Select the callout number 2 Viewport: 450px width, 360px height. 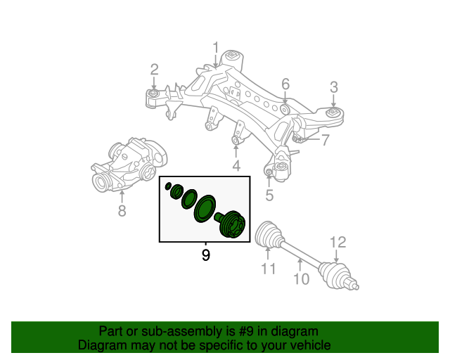pyautogui.click(x=154, y=69)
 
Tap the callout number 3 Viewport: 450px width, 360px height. pyautogui.click(x=334, y=86)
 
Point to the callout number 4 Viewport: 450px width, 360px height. pyautogui.click(x=236, y=166)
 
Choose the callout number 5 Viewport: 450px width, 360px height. pyautogui.click(x=269, y=194)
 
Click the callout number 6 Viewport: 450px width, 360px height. pyautogui.click(x=285, y=84)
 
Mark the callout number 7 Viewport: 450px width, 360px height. pyautogui.click(x=326, y=140)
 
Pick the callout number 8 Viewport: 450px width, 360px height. pyautogui.click(x=122, y=210)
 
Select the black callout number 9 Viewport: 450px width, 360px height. pyautogui.click(x=205, y=255)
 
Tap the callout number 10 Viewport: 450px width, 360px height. pyautogui.click(x=300, y=280)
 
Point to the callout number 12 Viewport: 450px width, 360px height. pyautogui.click(x=338, y=243)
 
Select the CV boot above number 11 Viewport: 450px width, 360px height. pyautogui.click(x=269, y=234)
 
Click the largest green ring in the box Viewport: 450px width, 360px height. pyautogui.click(x=206, y=209)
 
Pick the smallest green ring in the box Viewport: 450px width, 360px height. pyautogui.click(x=169, y=187)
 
